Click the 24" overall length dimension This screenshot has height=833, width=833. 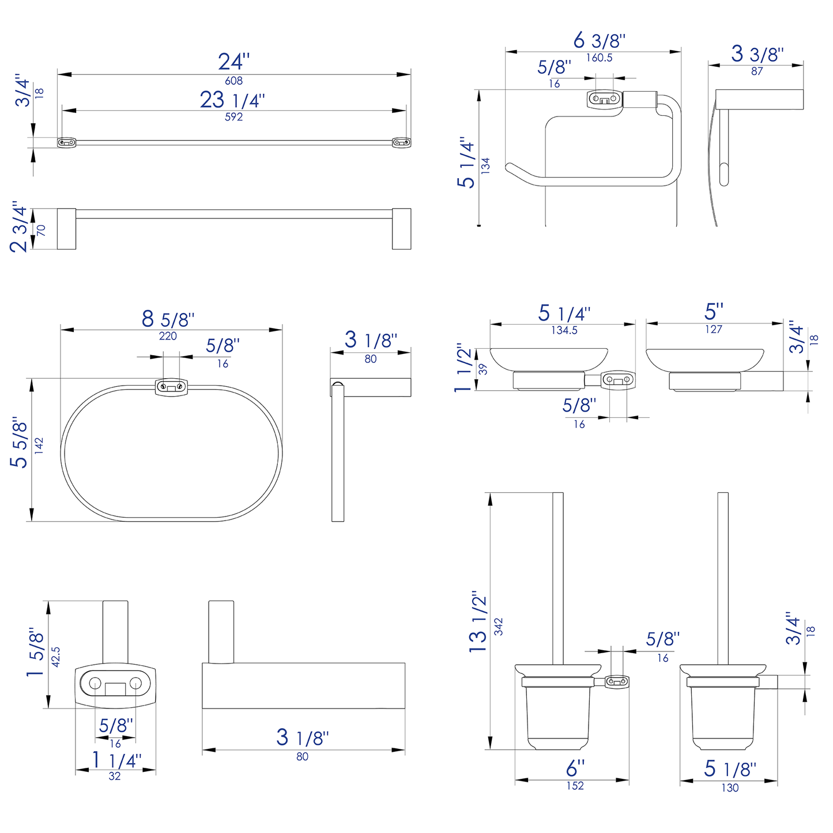[x=233, y=62]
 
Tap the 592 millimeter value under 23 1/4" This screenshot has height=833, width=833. [x=233, y=117]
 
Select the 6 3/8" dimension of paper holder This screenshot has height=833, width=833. [x=599, y=41]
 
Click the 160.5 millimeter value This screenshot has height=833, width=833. [x=599, y=58]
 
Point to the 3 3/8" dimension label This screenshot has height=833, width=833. [x=757, y=54]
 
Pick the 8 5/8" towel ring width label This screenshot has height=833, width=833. [x=168, y=319]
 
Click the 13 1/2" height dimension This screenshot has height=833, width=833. [x=478, y=621]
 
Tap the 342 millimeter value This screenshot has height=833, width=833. [x=499, y=627]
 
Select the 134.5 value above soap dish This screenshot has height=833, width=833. [x=564, y=330]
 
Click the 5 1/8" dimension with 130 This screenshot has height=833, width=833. [x=729, y=769]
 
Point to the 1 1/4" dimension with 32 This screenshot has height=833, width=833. [x=116, y=760]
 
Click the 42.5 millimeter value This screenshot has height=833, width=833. [x=56, y=657]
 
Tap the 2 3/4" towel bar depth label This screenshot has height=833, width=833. [x=19, y=227]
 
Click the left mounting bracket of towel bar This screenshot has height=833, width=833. [x=66, y=142]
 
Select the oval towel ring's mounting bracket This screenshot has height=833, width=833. [x=171, y=387]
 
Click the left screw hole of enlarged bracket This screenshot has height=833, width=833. [x=95, y=684]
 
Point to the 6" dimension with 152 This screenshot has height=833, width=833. [x=575, y=768]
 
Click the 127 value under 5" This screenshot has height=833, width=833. [x=713, y=330]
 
